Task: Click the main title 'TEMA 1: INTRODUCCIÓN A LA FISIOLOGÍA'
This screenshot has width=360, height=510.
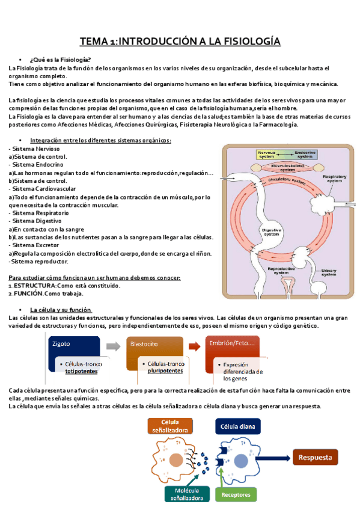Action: point(180,41)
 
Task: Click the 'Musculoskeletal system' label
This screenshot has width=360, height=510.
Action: point(291,167)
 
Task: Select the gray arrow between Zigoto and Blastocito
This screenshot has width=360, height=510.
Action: point(113,346)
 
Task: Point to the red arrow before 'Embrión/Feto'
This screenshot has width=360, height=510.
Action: point(194,346)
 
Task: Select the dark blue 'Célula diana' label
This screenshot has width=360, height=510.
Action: point(239,427)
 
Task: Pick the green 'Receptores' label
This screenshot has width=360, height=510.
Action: point(235,494)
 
